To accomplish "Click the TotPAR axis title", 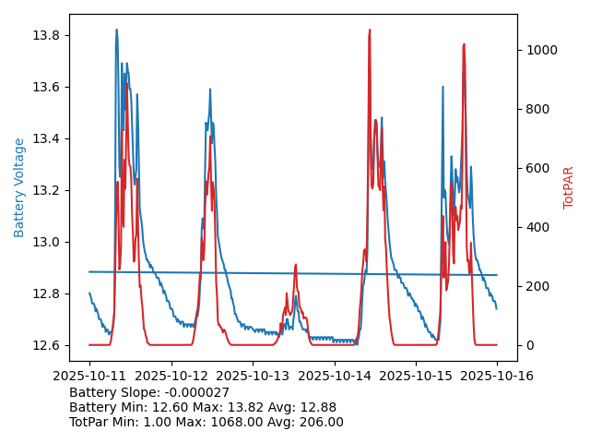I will pos(569,187).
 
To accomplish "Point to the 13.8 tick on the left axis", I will pos(46,35).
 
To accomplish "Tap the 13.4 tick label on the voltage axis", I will pos(46,138).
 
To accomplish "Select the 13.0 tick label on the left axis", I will pos(46,242).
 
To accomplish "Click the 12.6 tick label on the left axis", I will pos(46,345).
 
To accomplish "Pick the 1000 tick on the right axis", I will pos(539,50).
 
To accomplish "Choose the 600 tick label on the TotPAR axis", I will pos(536,168).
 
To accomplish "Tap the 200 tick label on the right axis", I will pos(536,286).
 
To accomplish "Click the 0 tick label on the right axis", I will pos(528,345).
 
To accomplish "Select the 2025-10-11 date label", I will pos(89,376).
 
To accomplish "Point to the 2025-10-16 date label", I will pos(497,376).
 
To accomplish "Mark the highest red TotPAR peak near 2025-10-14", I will pos(370,30).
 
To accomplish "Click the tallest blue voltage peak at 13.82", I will pos(116,30).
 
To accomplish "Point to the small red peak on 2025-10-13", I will pos(295,265).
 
